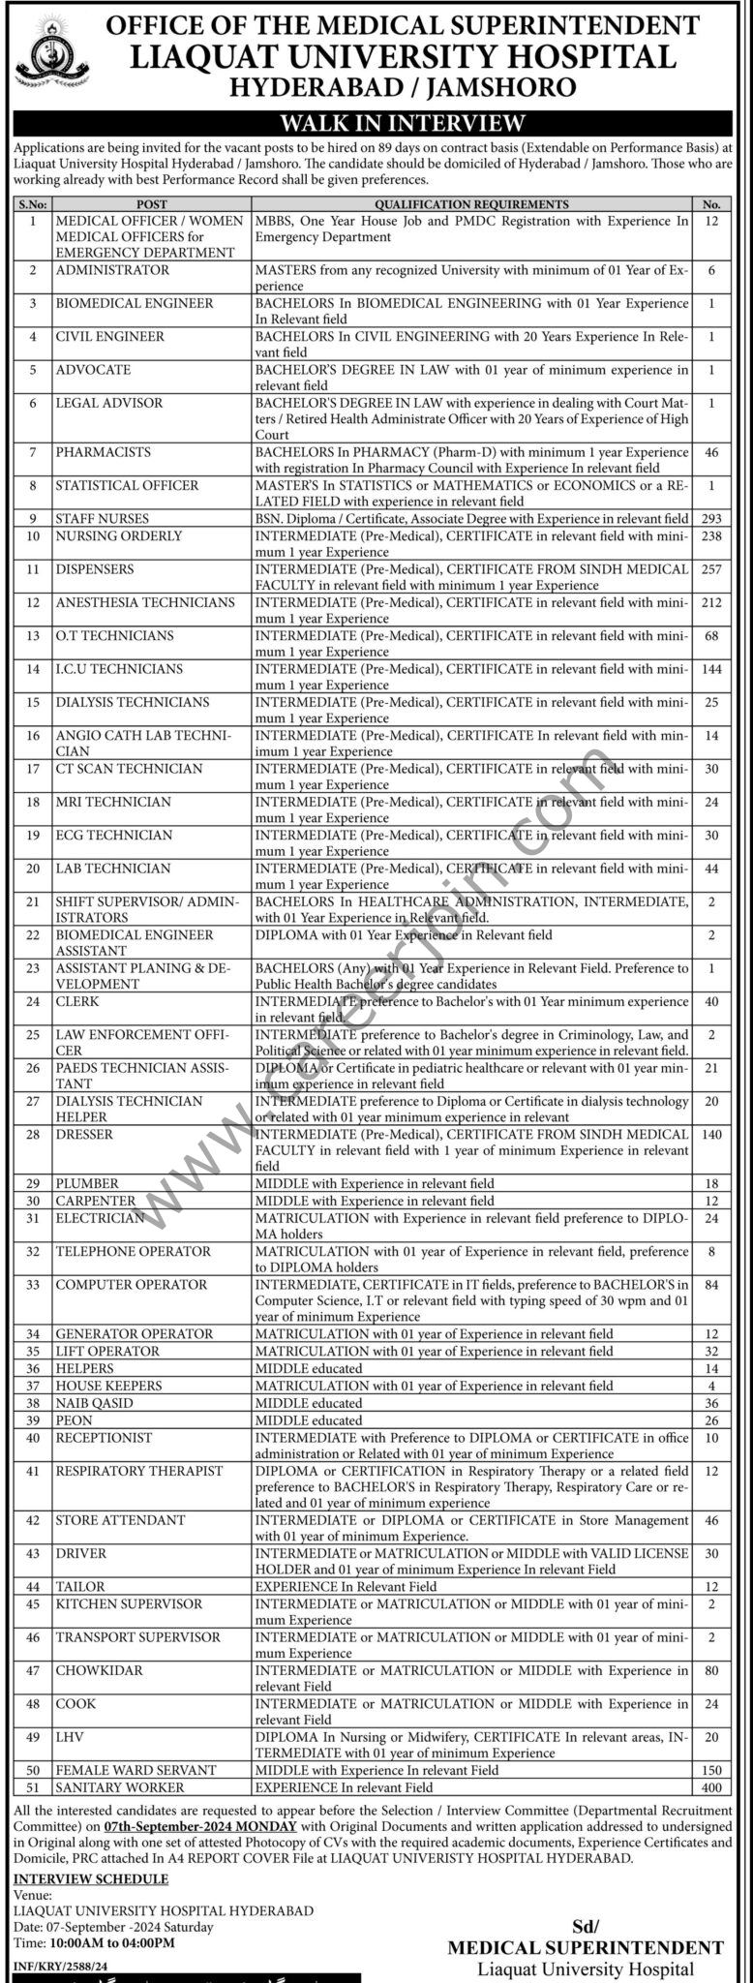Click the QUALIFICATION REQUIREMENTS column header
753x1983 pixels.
click(x=471, y=204)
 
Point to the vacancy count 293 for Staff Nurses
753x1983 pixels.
click(x=712, y=519)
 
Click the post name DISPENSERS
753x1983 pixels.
click(x=95, y=569)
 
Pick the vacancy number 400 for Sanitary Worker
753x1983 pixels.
click(x=712, y=1787)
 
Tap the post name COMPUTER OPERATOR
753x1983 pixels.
click(x=131, y=1284)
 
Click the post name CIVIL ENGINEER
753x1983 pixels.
click(x=109, y=336)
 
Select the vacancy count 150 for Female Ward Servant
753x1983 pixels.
click(x=712, y=1770)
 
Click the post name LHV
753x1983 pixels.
click(x=68, y=1736)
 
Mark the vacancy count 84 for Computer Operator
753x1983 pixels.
click(x=712, y=1284)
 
